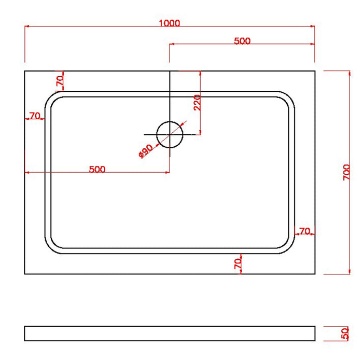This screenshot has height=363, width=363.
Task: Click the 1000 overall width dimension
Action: [x=170, y=23]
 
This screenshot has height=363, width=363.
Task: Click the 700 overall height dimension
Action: [x=347, y=172]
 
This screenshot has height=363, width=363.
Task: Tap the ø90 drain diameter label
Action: [x=145, y=151]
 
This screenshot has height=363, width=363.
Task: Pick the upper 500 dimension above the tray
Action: [x=242, y=41]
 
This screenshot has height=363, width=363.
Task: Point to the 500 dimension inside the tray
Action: [x=97, y=169]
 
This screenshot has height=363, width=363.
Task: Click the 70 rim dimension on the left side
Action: [x=35, y=116]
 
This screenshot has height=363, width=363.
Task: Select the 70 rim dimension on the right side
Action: [x=304, y=231]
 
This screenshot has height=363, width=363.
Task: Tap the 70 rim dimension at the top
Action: [x=60, y=80]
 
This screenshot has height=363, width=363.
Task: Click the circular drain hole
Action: [x=170, y=134]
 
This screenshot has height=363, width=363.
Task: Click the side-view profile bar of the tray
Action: [x=170, y=333]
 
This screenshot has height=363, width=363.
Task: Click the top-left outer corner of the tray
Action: [x=25, y=71]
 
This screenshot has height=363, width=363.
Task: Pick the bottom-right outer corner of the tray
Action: [x=315, y=274]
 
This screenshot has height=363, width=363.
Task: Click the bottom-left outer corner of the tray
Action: [x=25, y=274]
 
